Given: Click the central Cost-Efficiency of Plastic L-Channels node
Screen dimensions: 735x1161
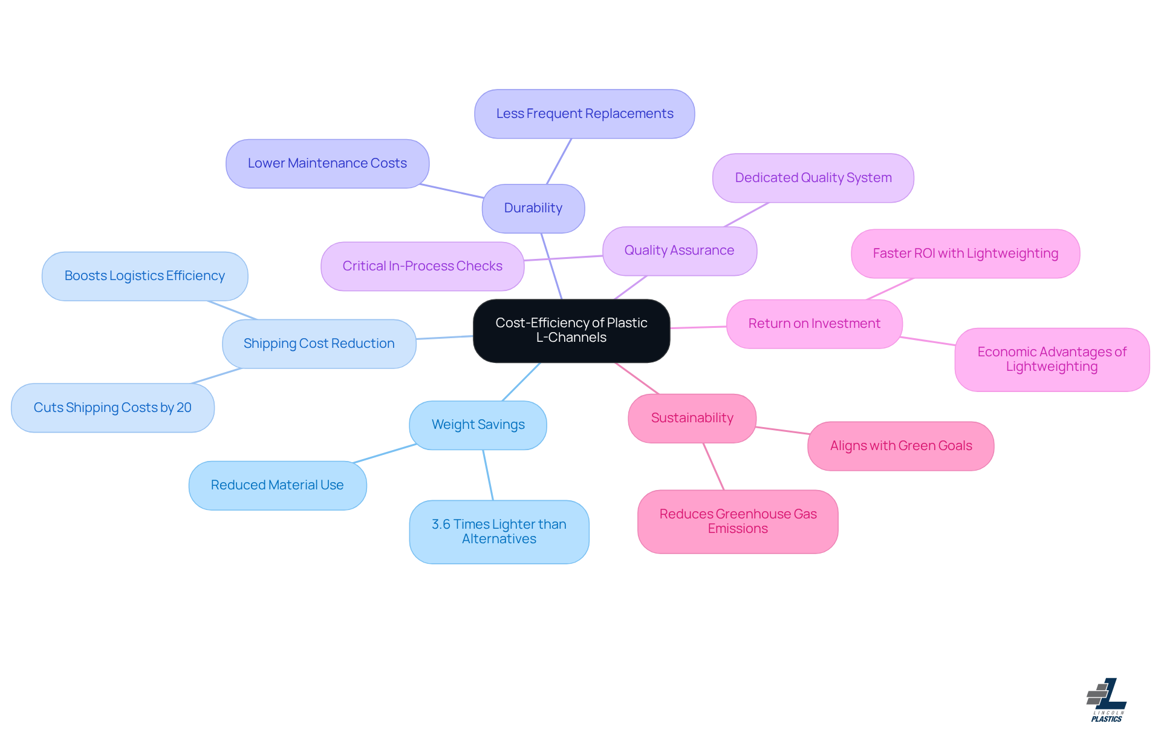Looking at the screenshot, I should click(571, 330).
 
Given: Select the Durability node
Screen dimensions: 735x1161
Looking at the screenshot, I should click(533, 208).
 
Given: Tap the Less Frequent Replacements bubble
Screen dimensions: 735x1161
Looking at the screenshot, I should click(584, 114).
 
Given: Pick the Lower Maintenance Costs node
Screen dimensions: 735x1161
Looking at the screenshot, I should click(327, 163).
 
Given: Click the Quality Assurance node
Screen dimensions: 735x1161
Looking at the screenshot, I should click(679, 250).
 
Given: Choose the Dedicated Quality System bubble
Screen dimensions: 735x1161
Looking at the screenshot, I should click(813, 178).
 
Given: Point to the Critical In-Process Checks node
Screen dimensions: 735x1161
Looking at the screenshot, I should click(422, 266).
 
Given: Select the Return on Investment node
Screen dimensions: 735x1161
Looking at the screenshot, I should click(814, 324).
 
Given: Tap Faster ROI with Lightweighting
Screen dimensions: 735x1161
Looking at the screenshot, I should click(965, 253).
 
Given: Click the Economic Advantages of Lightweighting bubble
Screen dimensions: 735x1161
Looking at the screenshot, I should click(1052, 359).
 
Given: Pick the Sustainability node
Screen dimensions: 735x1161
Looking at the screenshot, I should click(692, 418).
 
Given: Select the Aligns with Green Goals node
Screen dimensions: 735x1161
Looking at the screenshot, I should click(900, 446).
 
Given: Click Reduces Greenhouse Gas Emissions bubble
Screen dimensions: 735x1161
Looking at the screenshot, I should click(738, 521).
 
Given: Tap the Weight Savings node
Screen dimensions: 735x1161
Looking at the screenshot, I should click(478, 425).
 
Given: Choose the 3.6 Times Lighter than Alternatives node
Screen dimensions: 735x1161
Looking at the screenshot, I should click(499, 532).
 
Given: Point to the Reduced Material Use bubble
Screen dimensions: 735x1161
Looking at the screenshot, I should click(277, 485).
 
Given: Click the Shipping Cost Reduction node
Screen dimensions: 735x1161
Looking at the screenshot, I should click(319, 344).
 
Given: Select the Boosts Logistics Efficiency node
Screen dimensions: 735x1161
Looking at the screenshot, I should click(145, 276).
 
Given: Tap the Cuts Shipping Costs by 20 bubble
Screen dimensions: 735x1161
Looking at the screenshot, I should click(112, 408).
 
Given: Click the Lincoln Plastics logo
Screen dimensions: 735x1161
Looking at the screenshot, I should click(1107, 700).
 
